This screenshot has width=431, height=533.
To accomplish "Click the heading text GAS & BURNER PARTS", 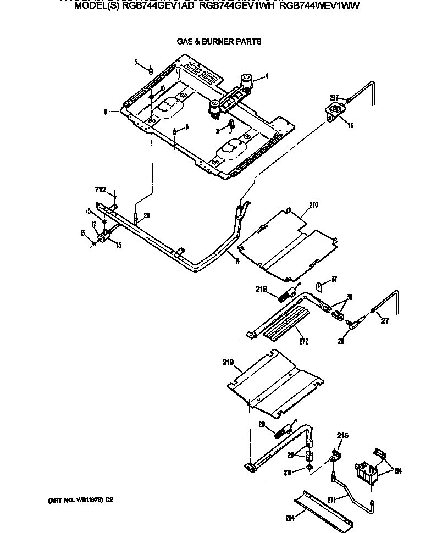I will coord(218,41).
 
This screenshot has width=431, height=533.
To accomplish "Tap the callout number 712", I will coord(100,190).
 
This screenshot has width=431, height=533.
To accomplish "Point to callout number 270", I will coord(313,206).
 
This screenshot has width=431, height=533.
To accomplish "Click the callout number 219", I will coord(228,362).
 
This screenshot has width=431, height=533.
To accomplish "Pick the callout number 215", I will coord(342,436).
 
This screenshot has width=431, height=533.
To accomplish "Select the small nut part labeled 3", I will coord(150,70).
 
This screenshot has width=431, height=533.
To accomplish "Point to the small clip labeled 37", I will coord(319,286).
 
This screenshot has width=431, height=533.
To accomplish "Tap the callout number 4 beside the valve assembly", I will coord(267,76).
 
